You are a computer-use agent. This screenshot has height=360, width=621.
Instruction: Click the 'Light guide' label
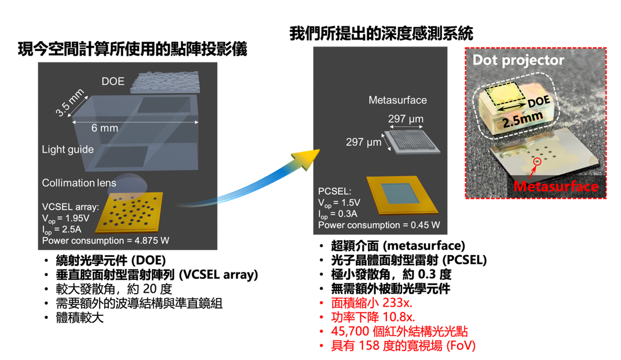(x=68, y=150)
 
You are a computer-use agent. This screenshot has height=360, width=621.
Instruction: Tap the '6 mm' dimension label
(x=104, y=128)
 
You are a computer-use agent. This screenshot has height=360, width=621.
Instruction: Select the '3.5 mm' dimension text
(x=70, y=103)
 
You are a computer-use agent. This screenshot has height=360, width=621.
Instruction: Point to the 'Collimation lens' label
(x=79, y=183)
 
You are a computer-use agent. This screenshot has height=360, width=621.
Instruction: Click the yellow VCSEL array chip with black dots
(x=130, y=212)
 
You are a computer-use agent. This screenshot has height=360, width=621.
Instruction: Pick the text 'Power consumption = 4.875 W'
(x=106, y=241)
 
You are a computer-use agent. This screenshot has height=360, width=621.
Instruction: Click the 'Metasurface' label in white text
(x=397, y=100)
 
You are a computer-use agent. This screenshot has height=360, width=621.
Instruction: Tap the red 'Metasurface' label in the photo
(x=556, y=186)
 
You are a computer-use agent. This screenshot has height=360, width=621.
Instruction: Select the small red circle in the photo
(x=537, y=161)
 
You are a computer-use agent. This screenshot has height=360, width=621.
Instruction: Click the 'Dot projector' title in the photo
(x=518, y=60)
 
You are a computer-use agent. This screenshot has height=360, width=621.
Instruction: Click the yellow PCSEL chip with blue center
(x=402, y=195)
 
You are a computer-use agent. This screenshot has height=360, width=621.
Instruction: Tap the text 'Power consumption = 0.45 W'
(x=379, y=225)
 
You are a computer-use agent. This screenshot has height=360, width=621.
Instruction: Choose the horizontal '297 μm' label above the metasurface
(x=406, y=118)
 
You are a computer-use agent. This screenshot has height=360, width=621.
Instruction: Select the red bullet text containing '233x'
(x=371, y=303)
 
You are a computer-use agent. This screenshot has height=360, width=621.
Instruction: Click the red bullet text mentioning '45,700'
(x=399, y=332)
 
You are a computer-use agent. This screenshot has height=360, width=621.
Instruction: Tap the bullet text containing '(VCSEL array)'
(x=157, y=275)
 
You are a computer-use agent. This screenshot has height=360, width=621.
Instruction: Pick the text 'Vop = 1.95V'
(x=65, y=219)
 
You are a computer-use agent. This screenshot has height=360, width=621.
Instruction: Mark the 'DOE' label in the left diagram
(x=113, y=82)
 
